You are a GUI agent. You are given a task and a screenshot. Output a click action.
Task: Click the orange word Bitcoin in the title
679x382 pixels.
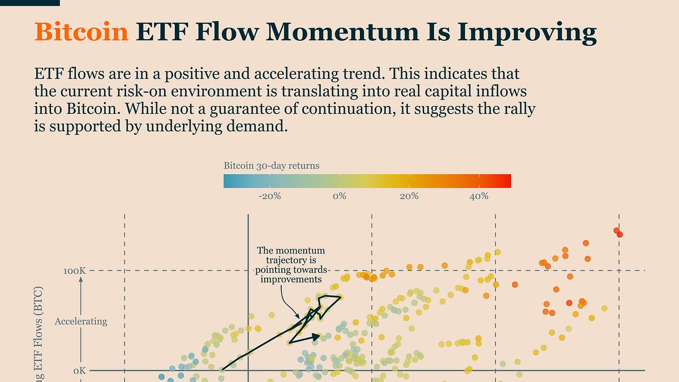tap(81, 33)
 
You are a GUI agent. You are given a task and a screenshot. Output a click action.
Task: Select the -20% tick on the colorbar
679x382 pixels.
tap(269, 196)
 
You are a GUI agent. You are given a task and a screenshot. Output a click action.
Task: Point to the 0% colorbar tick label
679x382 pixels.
tap(339, 196)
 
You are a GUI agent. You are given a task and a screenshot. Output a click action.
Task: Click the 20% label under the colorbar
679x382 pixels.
tap(409, 196)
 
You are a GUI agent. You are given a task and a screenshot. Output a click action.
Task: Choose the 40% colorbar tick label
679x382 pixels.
tap(479, 196)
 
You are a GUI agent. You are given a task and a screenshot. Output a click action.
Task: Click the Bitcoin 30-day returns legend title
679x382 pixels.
tap(271, 166)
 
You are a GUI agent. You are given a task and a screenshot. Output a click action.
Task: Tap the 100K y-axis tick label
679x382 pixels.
tap(75, 271)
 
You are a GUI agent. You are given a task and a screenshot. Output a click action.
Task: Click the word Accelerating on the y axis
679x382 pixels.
tap(80, 321)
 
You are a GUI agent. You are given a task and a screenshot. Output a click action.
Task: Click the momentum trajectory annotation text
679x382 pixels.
tap(291, 264)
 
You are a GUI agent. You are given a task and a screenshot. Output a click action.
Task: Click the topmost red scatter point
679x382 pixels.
tap(617, 230)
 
